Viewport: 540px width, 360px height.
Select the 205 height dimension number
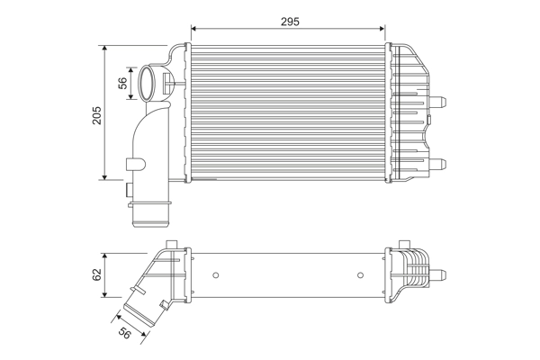coord(96,113)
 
